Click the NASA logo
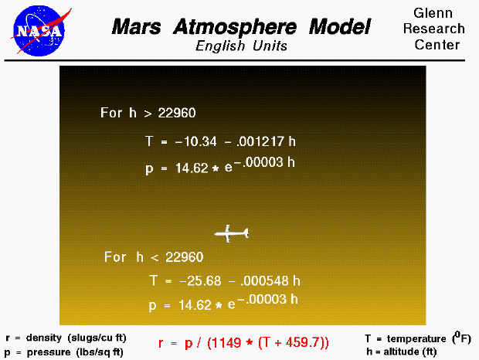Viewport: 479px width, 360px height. point(34,29)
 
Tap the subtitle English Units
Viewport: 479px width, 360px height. point(241,46)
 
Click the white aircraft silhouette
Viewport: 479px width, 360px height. point(231,233)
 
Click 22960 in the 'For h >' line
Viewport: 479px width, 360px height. point(177,113)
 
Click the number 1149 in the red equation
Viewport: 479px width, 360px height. point(242,341)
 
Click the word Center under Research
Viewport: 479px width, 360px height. point(437,44)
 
